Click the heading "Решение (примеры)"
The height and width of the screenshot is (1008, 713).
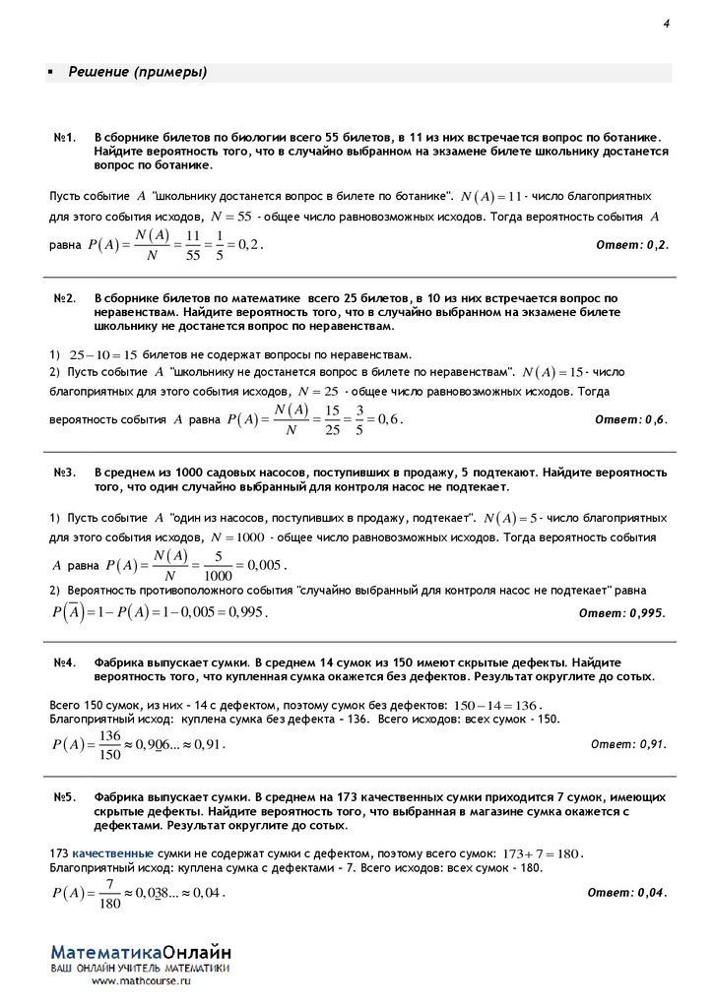137,73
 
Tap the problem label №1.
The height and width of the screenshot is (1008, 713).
66,140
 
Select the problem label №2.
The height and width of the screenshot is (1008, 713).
66,297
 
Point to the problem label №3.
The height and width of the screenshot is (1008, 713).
66,473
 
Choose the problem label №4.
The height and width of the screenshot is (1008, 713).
66,663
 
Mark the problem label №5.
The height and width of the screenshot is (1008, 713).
66,797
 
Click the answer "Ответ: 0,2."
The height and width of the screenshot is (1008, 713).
633,245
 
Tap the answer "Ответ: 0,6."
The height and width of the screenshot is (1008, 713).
631,420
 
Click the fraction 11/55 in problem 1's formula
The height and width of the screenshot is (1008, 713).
193,244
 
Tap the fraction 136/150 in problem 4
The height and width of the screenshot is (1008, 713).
110,745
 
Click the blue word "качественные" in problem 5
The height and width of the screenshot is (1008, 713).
112,852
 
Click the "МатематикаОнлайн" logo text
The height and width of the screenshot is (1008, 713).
142,953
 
